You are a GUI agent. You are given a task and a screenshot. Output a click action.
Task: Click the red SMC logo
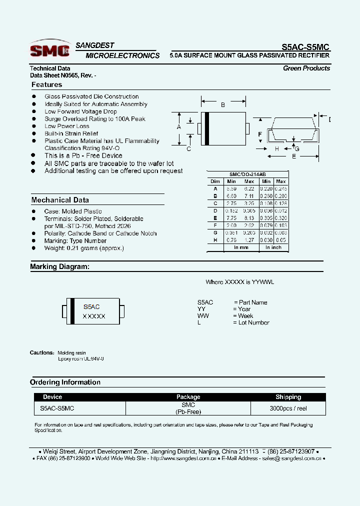[49, 50]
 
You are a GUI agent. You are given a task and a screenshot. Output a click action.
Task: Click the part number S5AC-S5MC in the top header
[305, 46]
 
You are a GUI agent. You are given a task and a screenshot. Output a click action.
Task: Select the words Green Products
[306, 68]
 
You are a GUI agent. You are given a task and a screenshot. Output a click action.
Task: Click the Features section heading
[46, 85]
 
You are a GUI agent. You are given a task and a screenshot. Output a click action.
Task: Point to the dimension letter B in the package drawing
[223, 104]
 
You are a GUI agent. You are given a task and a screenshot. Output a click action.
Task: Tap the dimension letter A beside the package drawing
[178, 127]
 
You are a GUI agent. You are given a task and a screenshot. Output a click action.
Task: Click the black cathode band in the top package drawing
[207, 128]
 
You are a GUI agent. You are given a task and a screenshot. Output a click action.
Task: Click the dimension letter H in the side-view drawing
[276, 149]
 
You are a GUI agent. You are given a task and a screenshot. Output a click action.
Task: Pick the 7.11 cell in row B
[248, 196]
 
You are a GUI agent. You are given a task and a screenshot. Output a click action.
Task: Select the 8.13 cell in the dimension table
[248, 218]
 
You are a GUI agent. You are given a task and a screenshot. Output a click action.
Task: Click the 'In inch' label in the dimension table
[273, 247]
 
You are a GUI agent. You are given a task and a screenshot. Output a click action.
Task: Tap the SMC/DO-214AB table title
[247, 174]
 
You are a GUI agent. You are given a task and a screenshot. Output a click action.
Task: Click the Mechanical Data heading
[60, 200]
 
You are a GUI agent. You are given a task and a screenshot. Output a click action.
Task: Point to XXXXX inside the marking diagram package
[94, 316]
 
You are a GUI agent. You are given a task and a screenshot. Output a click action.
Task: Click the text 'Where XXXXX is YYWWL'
[240, 282]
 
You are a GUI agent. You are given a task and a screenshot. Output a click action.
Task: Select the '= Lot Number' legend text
[251, 322]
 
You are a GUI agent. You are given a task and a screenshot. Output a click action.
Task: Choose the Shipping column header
[288, 397]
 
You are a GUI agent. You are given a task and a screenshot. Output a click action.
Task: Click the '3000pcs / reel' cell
[288, 408]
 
